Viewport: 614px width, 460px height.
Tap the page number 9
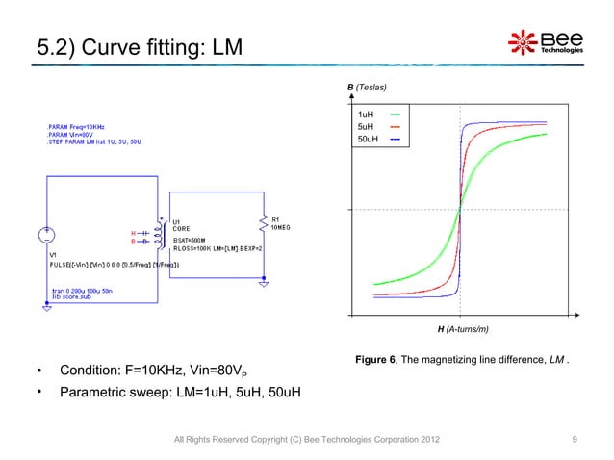click(x=574, y=441)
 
